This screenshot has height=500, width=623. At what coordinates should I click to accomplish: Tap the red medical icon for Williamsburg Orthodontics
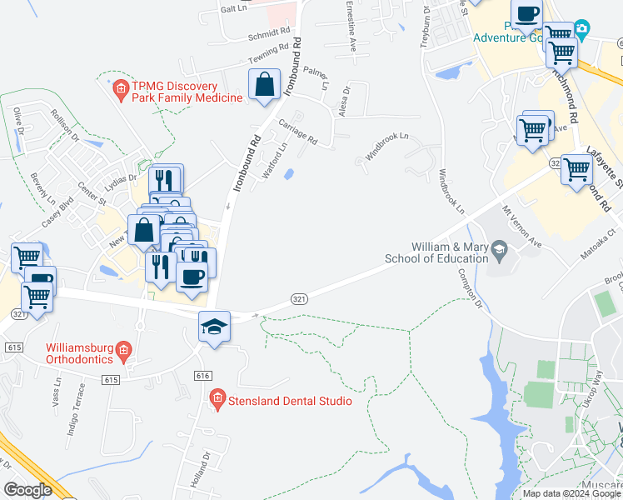tap(123, 348)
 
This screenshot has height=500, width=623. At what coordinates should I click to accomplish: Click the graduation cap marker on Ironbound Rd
tap(214, 326)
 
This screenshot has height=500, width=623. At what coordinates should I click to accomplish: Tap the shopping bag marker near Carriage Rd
tap(264, 85)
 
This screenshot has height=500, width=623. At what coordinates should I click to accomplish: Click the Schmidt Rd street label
tap(267, 37)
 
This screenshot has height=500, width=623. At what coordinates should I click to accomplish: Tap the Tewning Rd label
tap(269, 56)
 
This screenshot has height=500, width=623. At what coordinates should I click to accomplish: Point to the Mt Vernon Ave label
tap(521, 224)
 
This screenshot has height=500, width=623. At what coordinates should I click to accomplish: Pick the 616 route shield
tap(201, 376)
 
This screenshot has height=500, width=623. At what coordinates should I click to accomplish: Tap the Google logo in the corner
tap(27, 490)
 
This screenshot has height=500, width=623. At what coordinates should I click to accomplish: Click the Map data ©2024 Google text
tap(571, 493)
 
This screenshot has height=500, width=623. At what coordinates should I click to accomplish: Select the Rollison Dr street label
tap(64, 124)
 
